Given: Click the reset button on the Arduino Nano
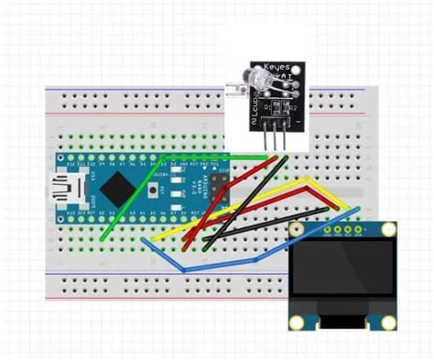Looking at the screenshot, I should point(159,190).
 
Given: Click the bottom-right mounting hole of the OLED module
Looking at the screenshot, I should point(389,322).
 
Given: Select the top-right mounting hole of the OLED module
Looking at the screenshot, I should point(390,230).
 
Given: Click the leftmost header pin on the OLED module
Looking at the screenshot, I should point(327,228).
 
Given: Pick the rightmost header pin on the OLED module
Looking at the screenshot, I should point(360,228).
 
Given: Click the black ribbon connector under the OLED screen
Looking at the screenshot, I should point(343,320).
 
